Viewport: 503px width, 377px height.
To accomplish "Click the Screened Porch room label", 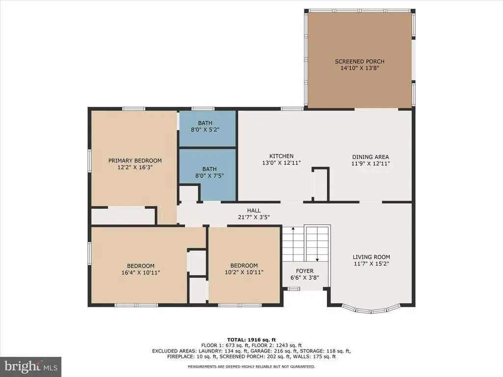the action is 360,61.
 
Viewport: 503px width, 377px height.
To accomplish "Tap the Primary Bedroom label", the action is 135,161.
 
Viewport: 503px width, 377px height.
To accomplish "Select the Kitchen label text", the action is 281,156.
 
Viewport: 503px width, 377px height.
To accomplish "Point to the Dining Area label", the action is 370,157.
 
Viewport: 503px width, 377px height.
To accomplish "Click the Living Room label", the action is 371,257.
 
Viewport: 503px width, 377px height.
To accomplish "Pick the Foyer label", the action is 305,271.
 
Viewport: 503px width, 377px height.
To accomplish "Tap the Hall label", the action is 254,210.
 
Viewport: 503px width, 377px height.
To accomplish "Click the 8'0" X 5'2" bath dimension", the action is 205,130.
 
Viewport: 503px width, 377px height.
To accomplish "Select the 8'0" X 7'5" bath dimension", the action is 209,176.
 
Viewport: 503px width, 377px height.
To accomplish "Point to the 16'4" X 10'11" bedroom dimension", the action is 141,272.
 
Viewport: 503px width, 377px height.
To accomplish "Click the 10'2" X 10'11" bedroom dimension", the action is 244,272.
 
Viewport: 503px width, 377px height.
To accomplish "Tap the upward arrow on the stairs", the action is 293,244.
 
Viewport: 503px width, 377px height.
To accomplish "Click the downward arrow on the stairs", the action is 317,244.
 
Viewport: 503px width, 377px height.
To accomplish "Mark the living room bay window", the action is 371,310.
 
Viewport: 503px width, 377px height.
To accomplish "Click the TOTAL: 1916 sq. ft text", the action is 251,340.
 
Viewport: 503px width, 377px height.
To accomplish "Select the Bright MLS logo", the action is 31,366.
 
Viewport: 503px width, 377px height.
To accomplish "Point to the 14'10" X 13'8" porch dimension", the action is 360,68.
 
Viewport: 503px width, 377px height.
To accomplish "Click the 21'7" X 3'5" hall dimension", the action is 254,217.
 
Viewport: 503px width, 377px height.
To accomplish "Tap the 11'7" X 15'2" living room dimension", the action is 371,264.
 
